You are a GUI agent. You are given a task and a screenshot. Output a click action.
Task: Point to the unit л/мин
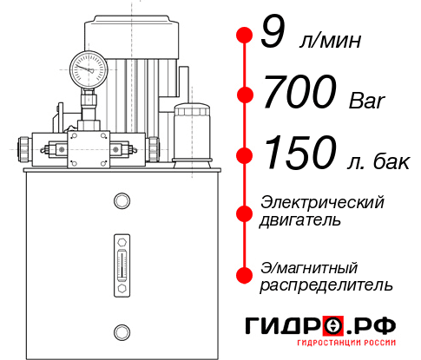329,40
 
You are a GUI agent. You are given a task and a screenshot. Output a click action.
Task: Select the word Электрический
322,203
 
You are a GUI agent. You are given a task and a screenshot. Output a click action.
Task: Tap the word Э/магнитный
309,267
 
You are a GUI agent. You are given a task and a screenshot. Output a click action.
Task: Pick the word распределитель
326,285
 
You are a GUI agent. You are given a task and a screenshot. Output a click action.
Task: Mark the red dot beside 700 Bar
245,95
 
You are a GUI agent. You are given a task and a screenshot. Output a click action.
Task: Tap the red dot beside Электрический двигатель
245,213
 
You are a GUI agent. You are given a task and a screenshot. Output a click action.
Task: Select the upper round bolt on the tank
122,201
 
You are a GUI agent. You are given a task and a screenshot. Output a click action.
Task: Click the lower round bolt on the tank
122,330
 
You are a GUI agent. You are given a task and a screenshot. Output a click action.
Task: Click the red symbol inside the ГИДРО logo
332,325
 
